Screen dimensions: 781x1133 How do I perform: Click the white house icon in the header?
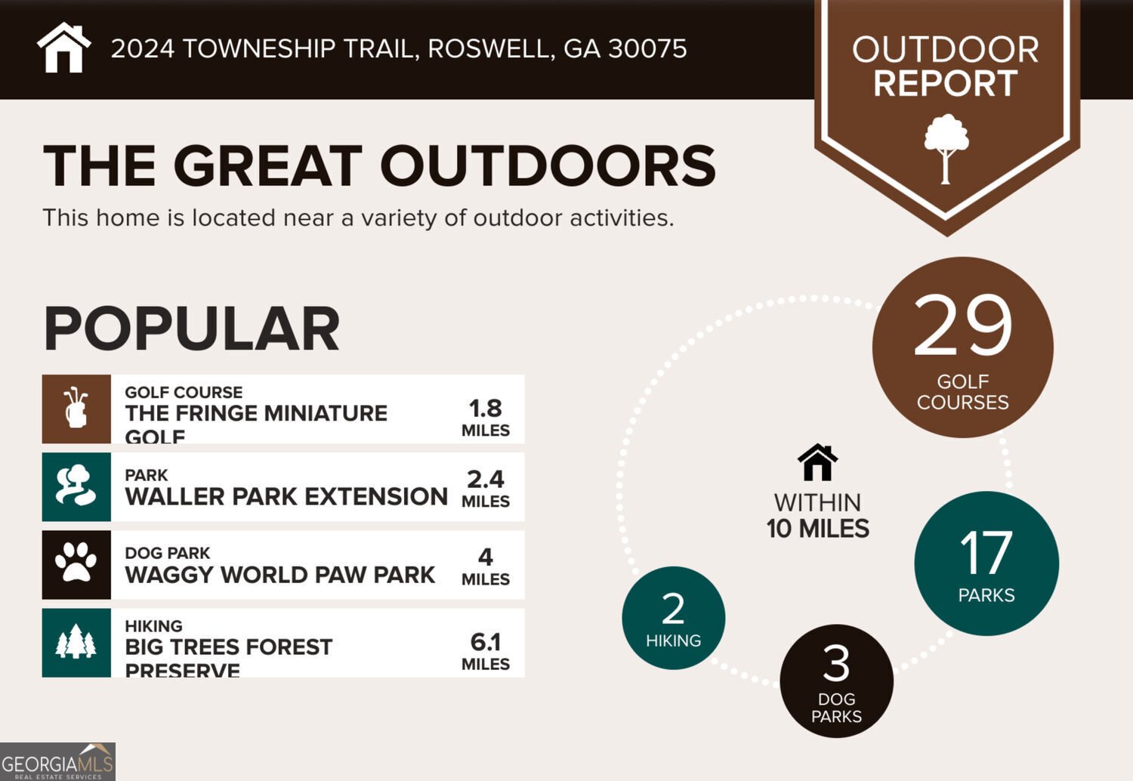[x=64, y=48]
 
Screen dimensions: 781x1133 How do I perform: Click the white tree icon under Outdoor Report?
[x=946, y=148]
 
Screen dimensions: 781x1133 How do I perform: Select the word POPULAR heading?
[x=192, y=329]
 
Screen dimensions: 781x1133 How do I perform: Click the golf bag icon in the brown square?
[x=76, y=409]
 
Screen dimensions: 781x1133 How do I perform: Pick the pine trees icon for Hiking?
[x=76, y=642]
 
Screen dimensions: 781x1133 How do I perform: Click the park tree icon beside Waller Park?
[x=76, y=486]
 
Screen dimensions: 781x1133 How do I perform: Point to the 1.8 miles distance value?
[x=485, y=409]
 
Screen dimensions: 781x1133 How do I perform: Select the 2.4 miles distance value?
[x=485, y=480]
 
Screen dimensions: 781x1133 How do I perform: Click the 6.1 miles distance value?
[x=485, y=642]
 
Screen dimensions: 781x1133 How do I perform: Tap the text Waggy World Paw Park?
[x=279, y=575]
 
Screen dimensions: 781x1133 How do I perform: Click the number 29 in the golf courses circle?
[x=962, y=326]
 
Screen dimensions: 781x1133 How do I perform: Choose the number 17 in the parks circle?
[x=986, y=554]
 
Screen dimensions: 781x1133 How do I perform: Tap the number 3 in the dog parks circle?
[x=836, y=664]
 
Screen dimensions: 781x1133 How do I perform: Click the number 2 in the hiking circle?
[x=673, y=609]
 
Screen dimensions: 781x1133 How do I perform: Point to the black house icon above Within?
[x=817, y=462]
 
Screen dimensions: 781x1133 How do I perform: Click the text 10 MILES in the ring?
[x=817, y=529]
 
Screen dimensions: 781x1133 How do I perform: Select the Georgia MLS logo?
[x=57, y=762]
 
